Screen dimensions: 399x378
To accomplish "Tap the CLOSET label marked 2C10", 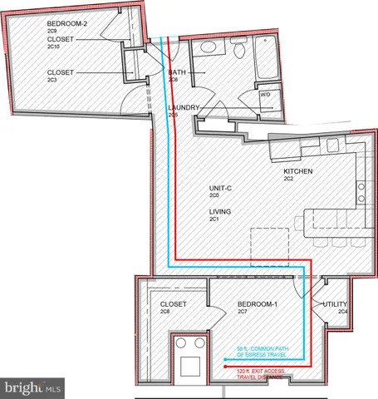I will pyautogui.click(x=64, y=39).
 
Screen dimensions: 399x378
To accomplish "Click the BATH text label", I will pyautogui.click(x=177, y=72).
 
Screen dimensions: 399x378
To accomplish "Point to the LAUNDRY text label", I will pyautogui.click(x=183, y=108).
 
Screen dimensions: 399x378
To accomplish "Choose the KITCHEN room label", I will pyautogui.click(x=297, y=171).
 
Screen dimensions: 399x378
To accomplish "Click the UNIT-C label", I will pyautogui.click(x=220, y=189).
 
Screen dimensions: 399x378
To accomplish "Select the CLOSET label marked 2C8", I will pyautogui.click(x=172, y=305).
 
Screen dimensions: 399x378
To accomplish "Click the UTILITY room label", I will pyautogui.click(x=326, y=305).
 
